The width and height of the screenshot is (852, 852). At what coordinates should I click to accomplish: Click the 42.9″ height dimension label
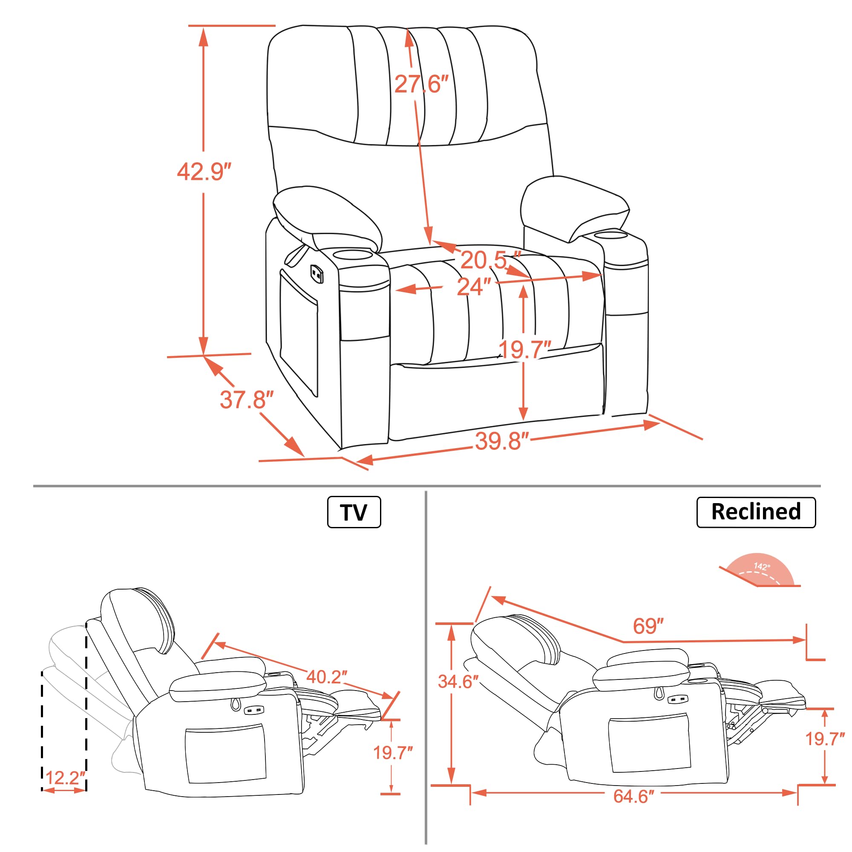pyautogui.click(x=204, y=172)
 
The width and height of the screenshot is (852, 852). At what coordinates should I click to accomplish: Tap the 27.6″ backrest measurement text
pyautogui.click(x=421, y=84)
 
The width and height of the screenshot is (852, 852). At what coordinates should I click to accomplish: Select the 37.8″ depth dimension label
pyautogui.click(x=247, y=400)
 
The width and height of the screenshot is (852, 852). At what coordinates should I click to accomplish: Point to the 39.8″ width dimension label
pyautogui.click(x=502, y=441)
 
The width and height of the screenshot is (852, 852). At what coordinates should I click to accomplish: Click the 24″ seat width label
pyautogui.click(x=473, y=287)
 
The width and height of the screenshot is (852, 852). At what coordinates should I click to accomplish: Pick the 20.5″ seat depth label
pyautogui.click(x=489, y=260)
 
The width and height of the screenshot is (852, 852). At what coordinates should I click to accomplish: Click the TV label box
pyautogui.click(x=354, y=512)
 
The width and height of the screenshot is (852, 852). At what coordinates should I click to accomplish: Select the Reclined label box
pyautogui.click(x=755, y=512)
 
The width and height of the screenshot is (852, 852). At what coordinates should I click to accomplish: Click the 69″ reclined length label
pyautogui.click(x=648, y=626)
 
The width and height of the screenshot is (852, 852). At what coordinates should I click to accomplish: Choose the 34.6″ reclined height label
pyautogui.click(x=457, y=682)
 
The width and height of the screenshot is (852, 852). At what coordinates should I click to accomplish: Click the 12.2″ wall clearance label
pyautogui.click(x=65, y=777)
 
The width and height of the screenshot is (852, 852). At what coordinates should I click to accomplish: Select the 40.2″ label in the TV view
pyautogui.click(x=326, y=677)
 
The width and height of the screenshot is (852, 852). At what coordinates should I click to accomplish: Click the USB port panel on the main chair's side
pyautogui.click(x=317, y=273)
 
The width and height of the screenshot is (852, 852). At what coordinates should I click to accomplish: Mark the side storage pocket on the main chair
pyautogui.click(x=299, y=333)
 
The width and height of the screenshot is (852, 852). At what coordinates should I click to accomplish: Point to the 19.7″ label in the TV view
pyautogui.click(x=392, y=753)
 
